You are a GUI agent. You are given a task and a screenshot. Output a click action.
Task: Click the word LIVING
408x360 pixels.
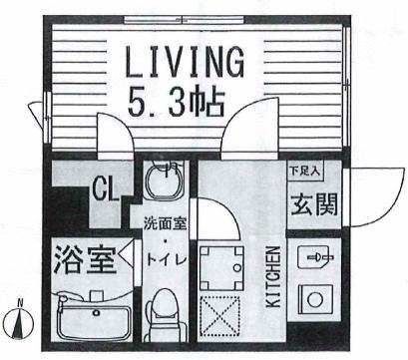click(185, 64)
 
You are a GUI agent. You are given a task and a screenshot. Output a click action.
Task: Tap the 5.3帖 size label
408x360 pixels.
click(185, 102)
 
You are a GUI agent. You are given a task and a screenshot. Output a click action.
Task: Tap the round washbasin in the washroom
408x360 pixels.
click(160, 183)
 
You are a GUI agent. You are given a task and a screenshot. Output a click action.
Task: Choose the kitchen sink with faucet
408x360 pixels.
click(317, 257)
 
